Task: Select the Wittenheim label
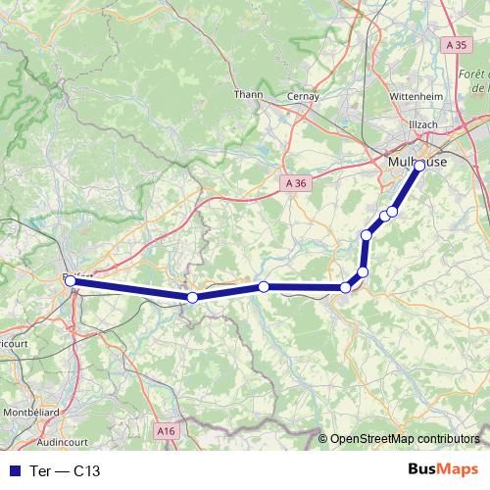pos(417,97)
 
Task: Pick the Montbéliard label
pos(32,409)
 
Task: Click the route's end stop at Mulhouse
pos(419,166)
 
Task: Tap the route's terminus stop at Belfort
pos(70,281)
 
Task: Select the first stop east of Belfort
pos(193,297)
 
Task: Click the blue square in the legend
pos(16,470)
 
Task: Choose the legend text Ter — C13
pos(65,470)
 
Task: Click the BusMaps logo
pos(442,469)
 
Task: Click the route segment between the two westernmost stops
pos(131,289)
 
